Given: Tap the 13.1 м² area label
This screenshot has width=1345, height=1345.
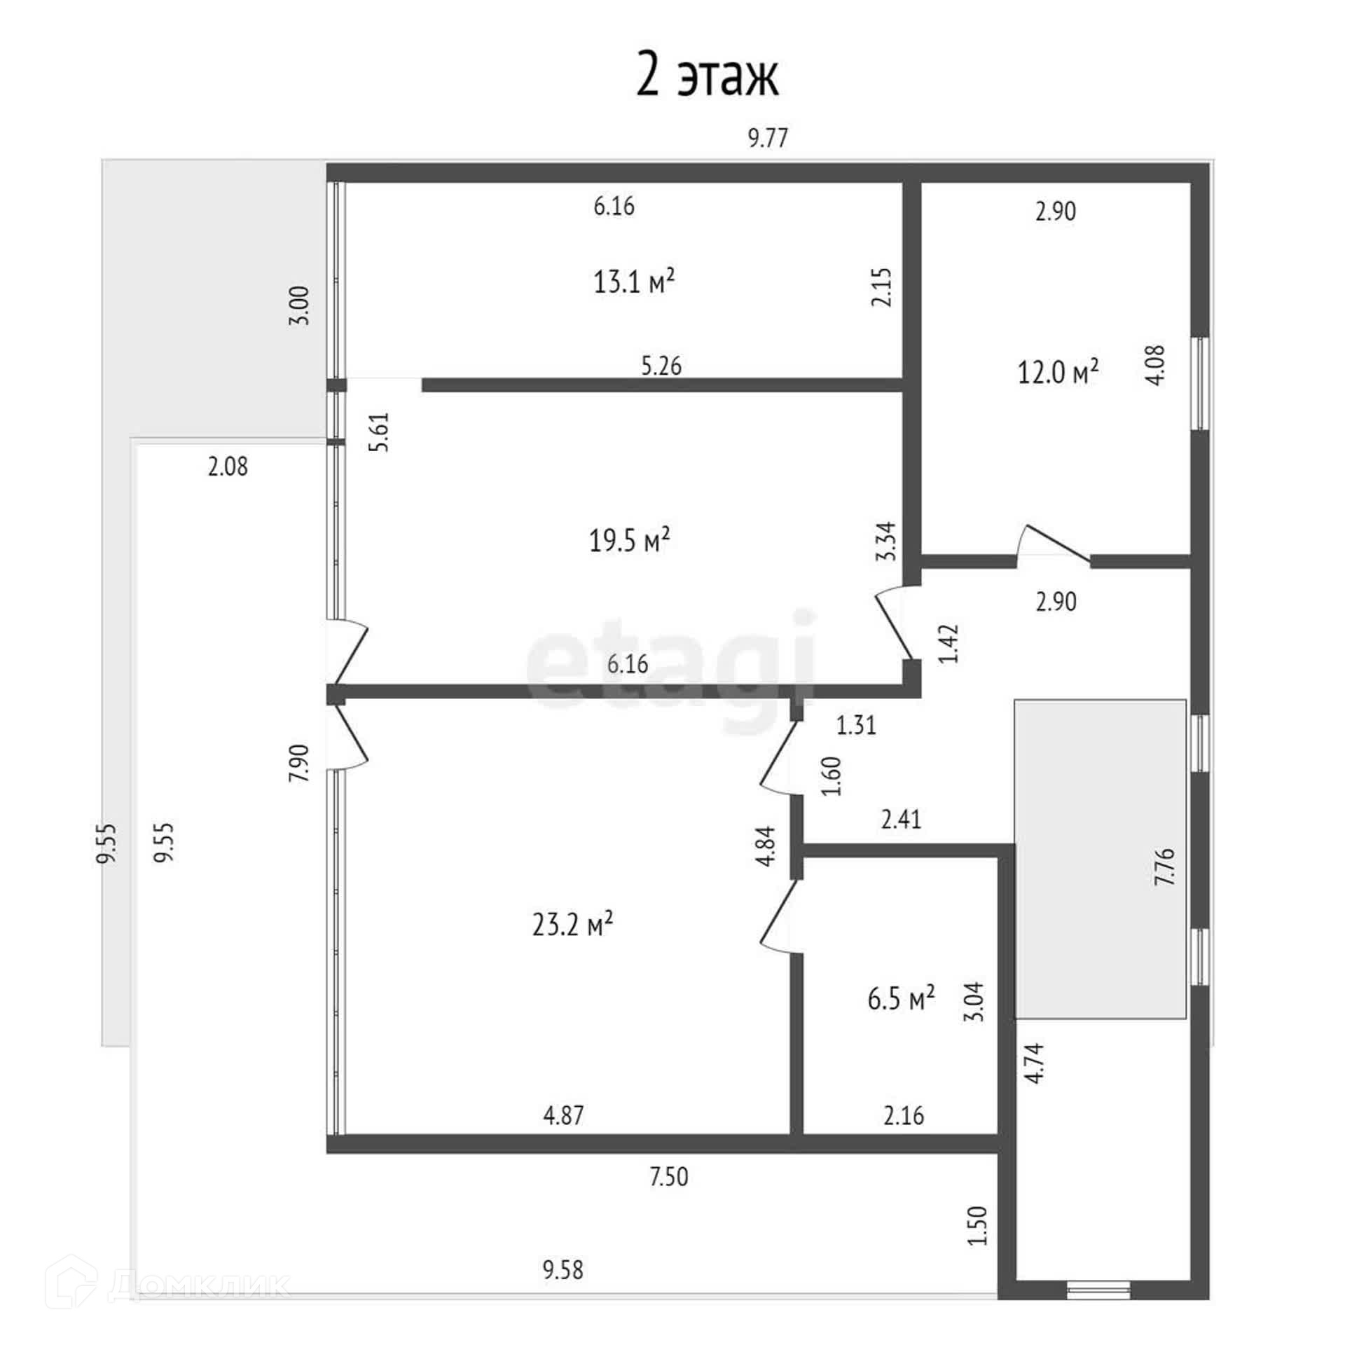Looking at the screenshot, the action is pos(634,282).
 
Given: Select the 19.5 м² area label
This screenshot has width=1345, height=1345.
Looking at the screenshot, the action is pos(629,540).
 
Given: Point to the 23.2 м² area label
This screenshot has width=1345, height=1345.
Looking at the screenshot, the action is pos(572,925).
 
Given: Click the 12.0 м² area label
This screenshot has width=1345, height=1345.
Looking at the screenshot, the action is pos(1058,372).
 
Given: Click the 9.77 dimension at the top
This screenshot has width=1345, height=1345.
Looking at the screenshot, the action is pos(768,138).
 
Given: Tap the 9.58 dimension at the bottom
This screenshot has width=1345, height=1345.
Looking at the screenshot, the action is pos(563,1269).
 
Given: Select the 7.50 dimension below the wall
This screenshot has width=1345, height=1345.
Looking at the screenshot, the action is pos(668,1176).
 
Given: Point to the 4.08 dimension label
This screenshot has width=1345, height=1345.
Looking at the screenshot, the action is pos(1157,365).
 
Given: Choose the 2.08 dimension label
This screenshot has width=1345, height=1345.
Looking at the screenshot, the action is pos(228,467).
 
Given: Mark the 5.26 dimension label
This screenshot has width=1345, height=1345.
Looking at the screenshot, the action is pos(661,366).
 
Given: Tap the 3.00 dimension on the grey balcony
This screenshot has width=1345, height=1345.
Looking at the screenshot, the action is pos(299,305).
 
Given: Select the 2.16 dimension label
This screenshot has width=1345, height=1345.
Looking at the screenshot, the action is pos(904,1115).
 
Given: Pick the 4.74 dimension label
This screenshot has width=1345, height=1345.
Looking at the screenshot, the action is pos(1035,1063).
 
